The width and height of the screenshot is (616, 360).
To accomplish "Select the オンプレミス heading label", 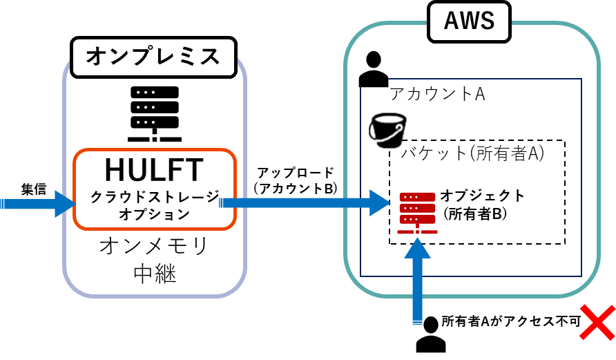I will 153,57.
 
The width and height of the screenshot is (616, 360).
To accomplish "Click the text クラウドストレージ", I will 155,197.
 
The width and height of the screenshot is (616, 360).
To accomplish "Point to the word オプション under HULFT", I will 155,214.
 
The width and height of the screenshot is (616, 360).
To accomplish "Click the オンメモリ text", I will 153,246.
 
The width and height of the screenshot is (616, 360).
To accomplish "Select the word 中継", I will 154,274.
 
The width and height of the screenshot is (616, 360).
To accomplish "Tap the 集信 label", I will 33,189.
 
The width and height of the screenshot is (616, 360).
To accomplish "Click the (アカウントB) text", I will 295,188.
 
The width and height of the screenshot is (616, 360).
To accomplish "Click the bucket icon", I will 387,130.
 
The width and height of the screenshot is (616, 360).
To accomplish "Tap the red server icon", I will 417,211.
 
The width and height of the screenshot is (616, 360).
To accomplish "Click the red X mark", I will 597,322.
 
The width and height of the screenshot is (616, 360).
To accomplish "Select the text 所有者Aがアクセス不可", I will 510,321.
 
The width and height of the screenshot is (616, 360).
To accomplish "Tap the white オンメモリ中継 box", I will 154,260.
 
